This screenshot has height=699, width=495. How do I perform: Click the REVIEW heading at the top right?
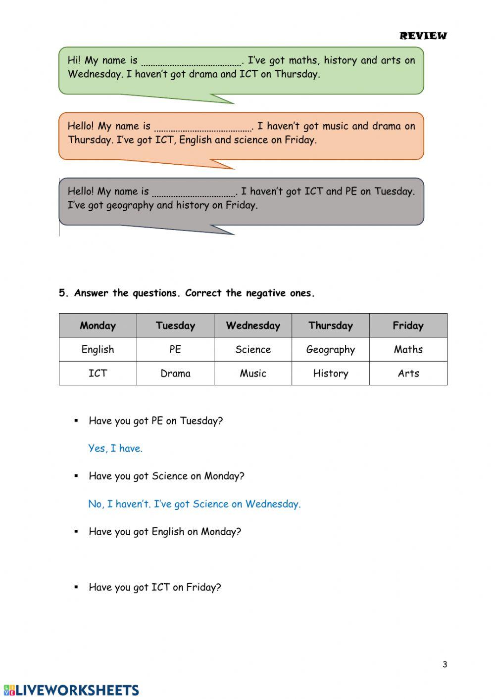point(423,36)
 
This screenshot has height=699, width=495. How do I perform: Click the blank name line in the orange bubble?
point(203,128)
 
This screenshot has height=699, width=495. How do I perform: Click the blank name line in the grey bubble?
point(194,193)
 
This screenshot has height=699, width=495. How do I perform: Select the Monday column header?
point(98,326)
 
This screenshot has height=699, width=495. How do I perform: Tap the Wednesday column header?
point(253,326)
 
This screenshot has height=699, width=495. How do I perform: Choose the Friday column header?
point(408,326)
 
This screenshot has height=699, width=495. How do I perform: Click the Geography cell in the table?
point(330,350)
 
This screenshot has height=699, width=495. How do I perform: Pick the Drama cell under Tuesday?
point(175,373)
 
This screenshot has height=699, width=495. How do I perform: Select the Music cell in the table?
point(253,373)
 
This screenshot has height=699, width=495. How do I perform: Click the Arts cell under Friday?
point(408,373)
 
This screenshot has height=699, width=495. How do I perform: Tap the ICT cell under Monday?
point(98,373)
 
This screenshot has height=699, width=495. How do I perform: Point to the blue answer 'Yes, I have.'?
point(115,448)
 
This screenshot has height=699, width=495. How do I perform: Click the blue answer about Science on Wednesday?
point(194,504)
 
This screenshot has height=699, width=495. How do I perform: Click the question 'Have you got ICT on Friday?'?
point(154,587)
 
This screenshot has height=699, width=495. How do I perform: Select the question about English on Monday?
point(164,532)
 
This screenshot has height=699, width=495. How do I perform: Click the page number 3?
point(445,664)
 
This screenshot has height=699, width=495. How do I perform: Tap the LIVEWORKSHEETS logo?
point(71,690)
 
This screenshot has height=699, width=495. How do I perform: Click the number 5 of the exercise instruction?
point(62,293)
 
